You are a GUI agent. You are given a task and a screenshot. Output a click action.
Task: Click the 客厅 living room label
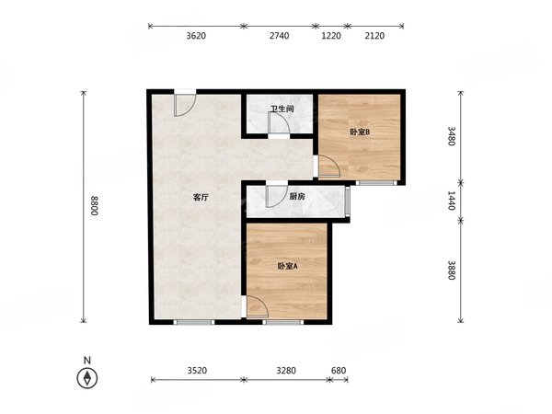[201, 197]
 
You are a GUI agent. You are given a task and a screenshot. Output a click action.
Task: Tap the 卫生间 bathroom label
[282, 109]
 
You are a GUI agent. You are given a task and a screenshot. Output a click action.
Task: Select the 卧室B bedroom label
[360, 132]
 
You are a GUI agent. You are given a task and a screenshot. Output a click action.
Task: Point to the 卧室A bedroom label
[288, 267]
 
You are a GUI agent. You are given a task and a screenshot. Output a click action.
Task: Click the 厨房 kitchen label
[297, 197]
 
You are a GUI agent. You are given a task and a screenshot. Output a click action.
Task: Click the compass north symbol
[87, 378]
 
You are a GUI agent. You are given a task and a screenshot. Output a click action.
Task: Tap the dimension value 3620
[196, 36]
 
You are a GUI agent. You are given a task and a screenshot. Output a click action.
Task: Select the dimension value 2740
[280, 36]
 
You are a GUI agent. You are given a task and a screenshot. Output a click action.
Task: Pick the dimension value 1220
[331, 36]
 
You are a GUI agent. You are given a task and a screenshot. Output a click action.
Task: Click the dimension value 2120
[374, 36]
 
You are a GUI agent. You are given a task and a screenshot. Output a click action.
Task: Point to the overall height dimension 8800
[94, 205]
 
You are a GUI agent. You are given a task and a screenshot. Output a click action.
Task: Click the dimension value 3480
[452, 136]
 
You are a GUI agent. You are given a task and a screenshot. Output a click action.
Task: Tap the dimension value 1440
[452, 201]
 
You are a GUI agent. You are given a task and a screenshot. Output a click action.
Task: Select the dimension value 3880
[452, 270]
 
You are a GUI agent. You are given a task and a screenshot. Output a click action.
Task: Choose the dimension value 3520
[197, 371]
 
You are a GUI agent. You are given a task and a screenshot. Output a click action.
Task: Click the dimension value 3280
[286, 371]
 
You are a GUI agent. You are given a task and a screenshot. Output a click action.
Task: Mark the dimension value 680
[339, 371]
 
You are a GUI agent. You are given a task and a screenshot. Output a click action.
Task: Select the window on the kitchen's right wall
[348, 201]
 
